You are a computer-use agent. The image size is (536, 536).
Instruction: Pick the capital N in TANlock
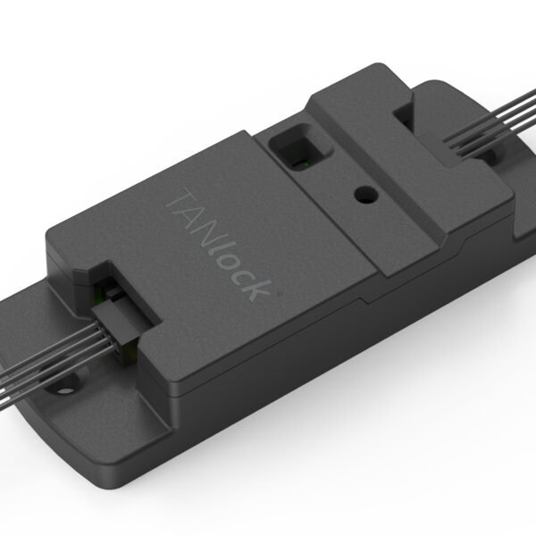pos(193,223)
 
